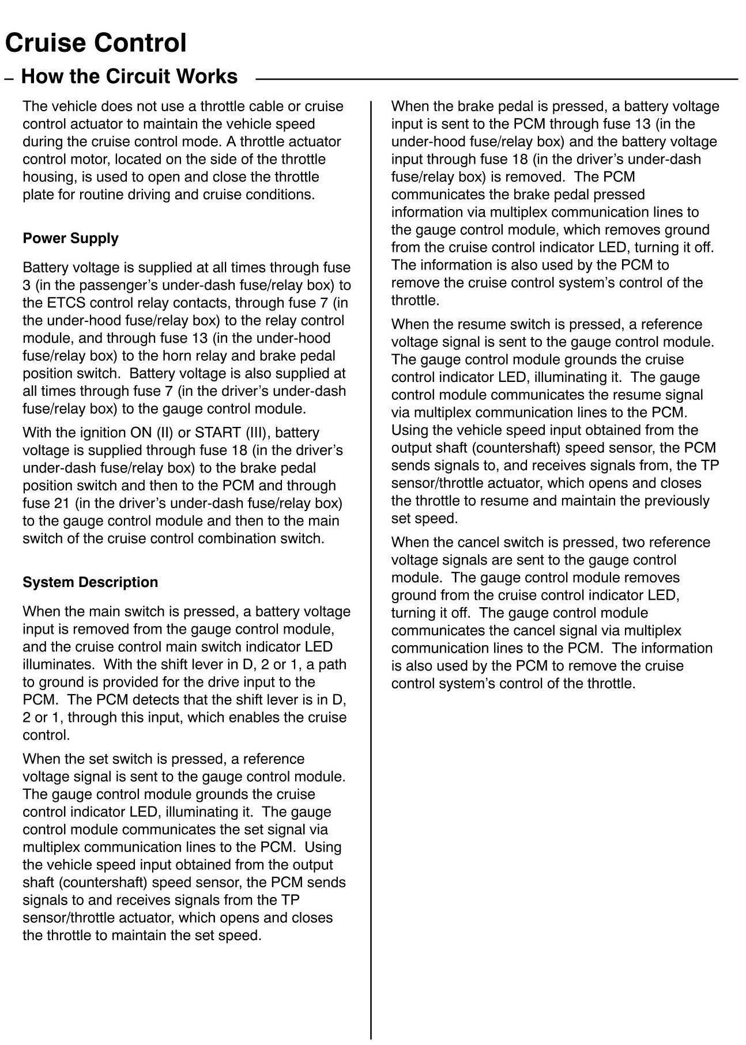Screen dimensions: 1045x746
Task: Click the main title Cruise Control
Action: point(96,43)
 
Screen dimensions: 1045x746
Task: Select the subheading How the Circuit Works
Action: point(129,77)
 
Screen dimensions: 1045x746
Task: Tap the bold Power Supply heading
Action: point(70,238)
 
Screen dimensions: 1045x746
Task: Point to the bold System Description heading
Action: point(90,582)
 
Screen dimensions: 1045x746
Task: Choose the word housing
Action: point(46,177)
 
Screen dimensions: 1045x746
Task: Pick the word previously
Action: point(676,501)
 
